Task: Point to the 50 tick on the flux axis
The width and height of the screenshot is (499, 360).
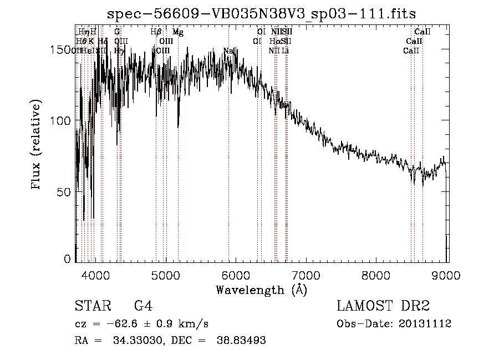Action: coord(63,192)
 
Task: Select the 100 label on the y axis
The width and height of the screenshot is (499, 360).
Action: coord(60,121)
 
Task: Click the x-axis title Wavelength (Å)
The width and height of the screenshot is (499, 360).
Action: coord(261,290)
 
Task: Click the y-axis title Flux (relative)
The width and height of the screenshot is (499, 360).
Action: coord(37,145)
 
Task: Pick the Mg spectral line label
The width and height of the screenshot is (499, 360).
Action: coord(177,33)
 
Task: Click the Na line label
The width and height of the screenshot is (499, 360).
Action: coord(228,51)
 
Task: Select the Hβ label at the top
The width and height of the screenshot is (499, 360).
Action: coord(156,33)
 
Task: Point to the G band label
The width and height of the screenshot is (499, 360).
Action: coord(117,33)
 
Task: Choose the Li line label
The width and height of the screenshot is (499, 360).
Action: coord(285,51)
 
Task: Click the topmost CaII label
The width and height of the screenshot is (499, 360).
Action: coord(422,33)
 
